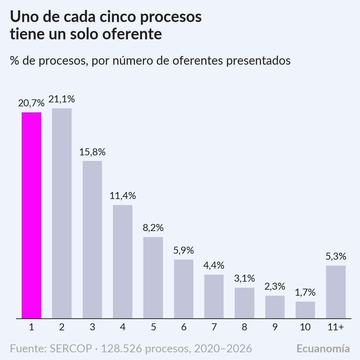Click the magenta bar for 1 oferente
point(31,215)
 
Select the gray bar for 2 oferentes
point(62,213)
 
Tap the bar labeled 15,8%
point(92,240)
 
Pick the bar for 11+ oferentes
point(336,292)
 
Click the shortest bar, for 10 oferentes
point(305,310)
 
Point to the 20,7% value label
point(31,103)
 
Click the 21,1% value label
point(62,99)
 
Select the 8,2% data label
point(153,228)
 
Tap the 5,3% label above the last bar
point(336,256)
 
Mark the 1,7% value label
point(305,293)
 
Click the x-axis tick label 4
point(123,327)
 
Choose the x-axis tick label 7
point(214,327)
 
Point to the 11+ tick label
point(336,327)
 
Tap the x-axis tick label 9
point(275,327)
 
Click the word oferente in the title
point(132,34)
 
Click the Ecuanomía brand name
point(323,348)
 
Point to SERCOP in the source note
point(71,349)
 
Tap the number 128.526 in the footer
point(121,349)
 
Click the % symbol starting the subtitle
point(14,61)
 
